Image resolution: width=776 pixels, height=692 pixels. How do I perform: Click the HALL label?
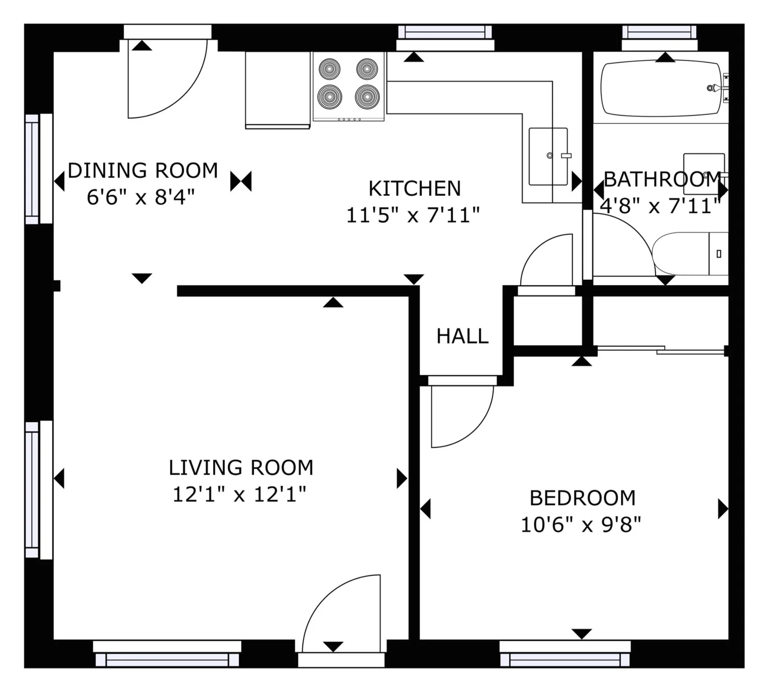click(x=462, y=336)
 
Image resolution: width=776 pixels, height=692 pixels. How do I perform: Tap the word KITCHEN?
click(x=414, y=188)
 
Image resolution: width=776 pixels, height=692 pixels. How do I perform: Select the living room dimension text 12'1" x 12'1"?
click(x=239, y=495)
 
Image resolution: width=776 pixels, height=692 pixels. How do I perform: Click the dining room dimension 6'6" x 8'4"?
click(x=141, y=198)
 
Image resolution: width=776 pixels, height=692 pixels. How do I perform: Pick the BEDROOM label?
click(x=583, y=498)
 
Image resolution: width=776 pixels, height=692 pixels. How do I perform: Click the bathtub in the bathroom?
click(x=661, y=88)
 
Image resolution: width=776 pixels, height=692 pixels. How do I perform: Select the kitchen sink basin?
click(x=548, y=156)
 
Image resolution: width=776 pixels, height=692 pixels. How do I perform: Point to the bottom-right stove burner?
click(x=367, y=97)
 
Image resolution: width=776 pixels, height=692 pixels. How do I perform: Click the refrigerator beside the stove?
click(x=278, y=90)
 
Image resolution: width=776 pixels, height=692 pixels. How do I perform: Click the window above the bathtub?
click(x=660, y=38)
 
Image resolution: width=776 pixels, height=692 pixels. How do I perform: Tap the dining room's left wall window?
click(x=39, y=169)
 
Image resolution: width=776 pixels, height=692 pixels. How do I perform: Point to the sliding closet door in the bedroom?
click(x=661, y=349)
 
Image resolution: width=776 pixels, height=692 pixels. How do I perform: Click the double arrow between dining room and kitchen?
click(x=241, y=182)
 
